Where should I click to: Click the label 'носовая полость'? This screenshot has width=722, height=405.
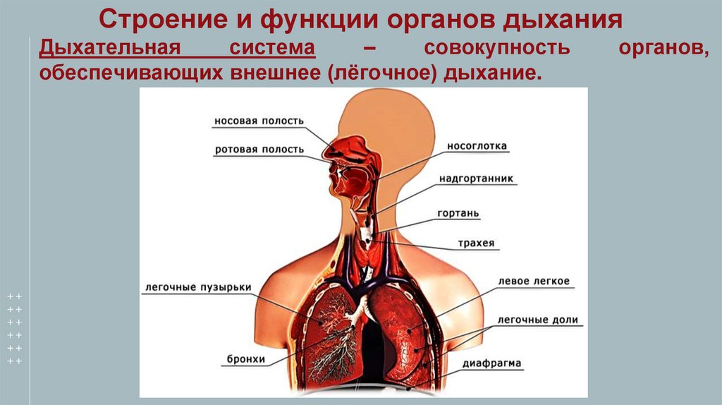point(259,121)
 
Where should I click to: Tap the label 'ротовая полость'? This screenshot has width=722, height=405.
point(259,150)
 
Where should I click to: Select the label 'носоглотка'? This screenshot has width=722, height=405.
point(477,146)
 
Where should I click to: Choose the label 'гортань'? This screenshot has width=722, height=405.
point(458,212)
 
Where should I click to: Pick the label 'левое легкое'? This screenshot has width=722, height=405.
point(534,281)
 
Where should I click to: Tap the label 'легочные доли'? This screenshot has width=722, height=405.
point(537,320)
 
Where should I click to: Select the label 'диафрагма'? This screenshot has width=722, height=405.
point(492,364)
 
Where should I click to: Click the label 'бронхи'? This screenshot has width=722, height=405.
point(246,359)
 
